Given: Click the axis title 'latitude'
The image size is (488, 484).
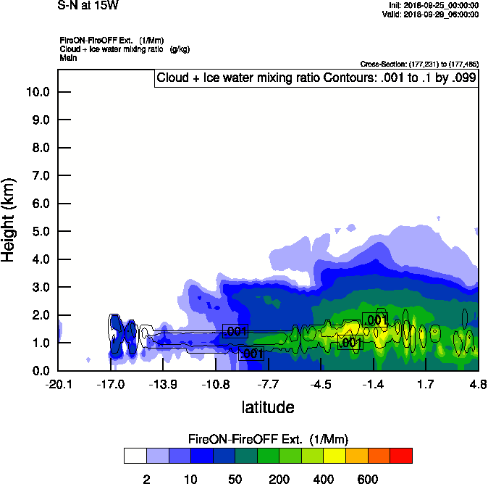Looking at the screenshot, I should click(x=268, y=407).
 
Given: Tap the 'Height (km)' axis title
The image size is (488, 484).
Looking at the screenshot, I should click(x=9, y=220).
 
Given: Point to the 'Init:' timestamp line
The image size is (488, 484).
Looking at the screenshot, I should click(x=433, y=5).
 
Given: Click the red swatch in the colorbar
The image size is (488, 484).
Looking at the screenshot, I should click(x=400, y=455).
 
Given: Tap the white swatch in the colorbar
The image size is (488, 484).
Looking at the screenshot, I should click(x=135, y=455).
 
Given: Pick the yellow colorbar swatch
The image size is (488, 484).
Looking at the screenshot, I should click(x=335, y=455).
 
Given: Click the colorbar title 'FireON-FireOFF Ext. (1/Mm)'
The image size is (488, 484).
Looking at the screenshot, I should click(x=269, y=439).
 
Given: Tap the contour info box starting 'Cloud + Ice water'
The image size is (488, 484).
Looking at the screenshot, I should click(x=316, y=78).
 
